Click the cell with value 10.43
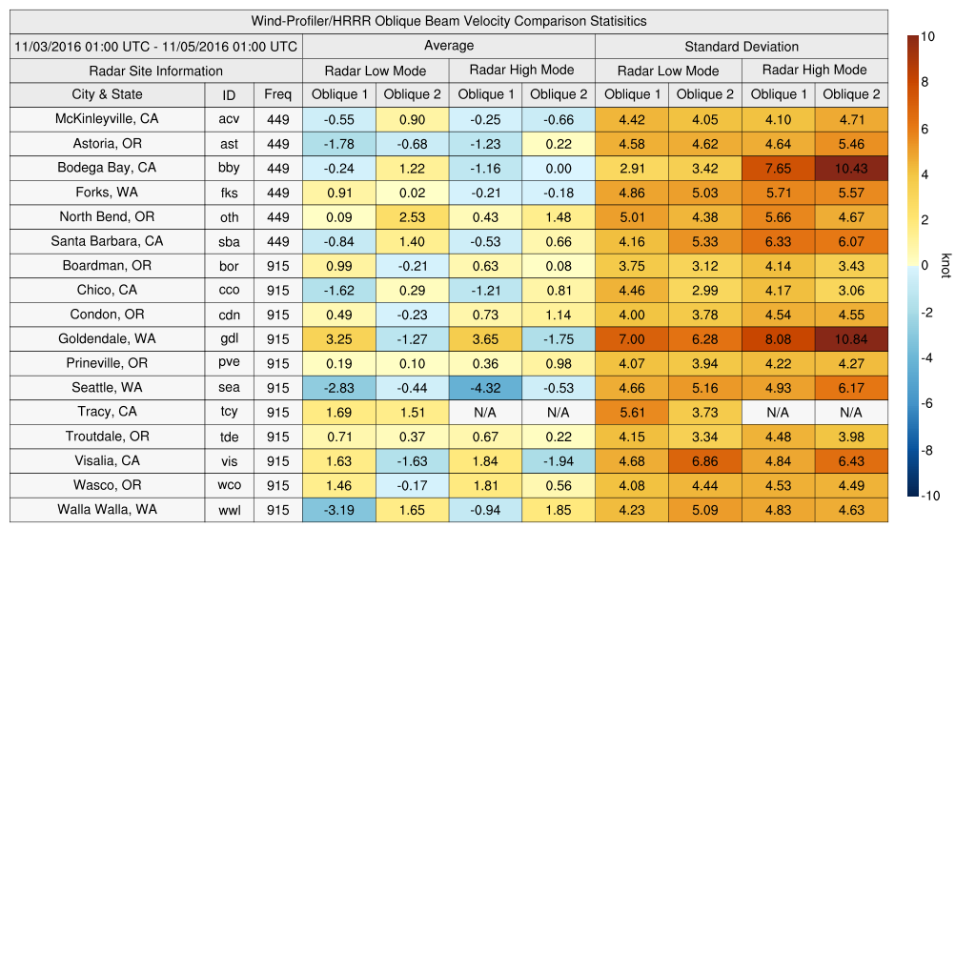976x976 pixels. click(x=851, y=168)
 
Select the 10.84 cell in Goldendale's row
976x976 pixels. click(x=851, y=339)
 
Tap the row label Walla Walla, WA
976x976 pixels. click(x=107, y=510)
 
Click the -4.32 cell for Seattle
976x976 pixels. click(x=485, y=388)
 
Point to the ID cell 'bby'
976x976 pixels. click(x=229, y=168)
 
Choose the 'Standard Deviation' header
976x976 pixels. click(x=742, y=47)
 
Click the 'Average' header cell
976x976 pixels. click(x=448, y=46)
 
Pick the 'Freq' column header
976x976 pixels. click(x=277, y=94)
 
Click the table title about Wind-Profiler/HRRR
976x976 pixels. click(x=449, y=21)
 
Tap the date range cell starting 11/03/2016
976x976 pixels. click(x=155, y=47)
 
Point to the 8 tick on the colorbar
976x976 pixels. click(x=924, y=83)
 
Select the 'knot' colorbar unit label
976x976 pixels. click(x=945, y=265)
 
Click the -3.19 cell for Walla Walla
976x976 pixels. click(x=338, y=510)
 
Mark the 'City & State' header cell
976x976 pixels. click(x=107, y=94)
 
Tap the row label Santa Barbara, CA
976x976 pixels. click(x=107, y=241)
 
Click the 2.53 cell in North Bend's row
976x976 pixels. click(x=412, y=217)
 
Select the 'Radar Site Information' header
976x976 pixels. click(x=155, y=71)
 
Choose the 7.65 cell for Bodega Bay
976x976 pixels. click(x=778, y=168)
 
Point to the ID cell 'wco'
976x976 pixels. click(x=229, y=485)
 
